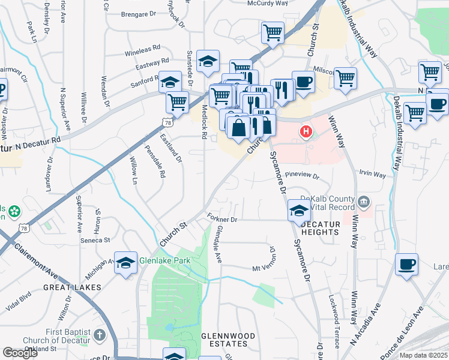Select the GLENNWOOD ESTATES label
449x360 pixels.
(228, 340)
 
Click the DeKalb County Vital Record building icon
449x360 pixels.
(364, 200)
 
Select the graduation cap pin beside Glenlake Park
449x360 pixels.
(125, 263)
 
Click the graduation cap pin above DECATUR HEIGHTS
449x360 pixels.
(299, 211)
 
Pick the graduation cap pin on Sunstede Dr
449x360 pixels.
(208, 61)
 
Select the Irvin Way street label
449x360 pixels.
(372, 175)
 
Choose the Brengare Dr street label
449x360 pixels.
(138, 14)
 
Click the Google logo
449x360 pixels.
(20, 352)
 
